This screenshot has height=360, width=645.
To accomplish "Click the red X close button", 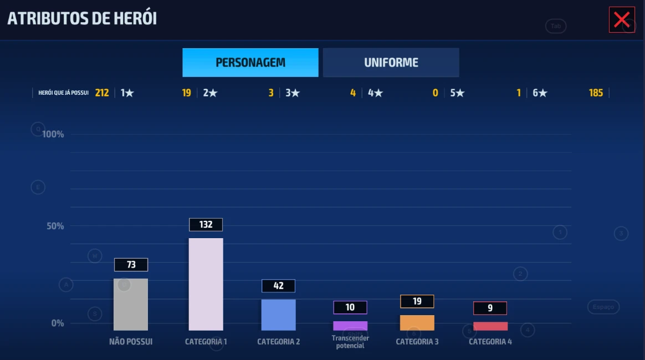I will [x=622, y=20].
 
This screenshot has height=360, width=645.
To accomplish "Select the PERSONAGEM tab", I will [x=250, y=63].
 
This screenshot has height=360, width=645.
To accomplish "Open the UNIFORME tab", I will [x=391, y=63].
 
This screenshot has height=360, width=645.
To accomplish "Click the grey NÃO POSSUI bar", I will [x=131, y=304].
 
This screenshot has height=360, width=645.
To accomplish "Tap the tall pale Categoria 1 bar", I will [x=206, y=284].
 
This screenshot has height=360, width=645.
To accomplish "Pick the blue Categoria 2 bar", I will [x=278, y=315].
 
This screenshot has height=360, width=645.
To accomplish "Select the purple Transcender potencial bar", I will [x=350, y=326].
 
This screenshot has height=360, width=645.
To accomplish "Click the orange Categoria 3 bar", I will [x=417, y=322].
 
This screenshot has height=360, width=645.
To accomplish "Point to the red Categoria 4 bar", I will [x=490, y=326].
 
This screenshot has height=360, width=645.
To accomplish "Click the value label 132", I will [x=206, y=224].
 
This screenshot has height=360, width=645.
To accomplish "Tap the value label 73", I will [x=131, y=265].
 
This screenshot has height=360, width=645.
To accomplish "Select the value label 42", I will [x=278, y=286].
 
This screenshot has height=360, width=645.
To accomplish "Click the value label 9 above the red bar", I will [x=490, y=308].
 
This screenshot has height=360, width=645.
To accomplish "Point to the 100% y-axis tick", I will [x=53, y=134].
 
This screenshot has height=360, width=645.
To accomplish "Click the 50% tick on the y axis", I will [x=54, y=226].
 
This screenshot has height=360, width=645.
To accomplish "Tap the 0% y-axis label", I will [x=58, y=323].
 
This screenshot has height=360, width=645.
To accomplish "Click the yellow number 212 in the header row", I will [x=102, y=93].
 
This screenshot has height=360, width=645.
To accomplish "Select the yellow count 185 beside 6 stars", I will [x=596, y=93].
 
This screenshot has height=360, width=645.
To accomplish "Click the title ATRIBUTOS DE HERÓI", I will [x=82, y=18].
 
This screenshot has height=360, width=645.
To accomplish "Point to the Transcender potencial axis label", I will [x=350, y=342].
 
